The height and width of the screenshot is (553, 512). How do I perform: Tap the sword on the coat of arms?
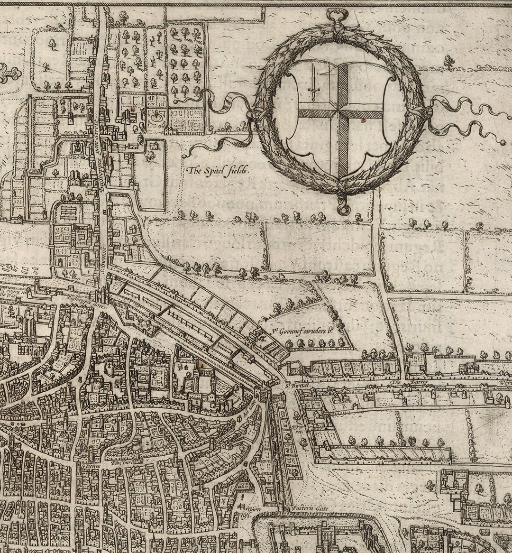tap(313, 80)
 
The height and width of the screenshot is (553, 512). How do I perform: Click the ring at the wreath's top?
tap(337, 18)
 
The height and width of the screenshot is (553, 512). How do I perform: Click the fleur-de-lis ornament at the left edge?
tap(9, 74)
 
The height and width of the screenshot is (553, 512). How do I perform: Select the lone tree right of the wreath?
tap(448, 60)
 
